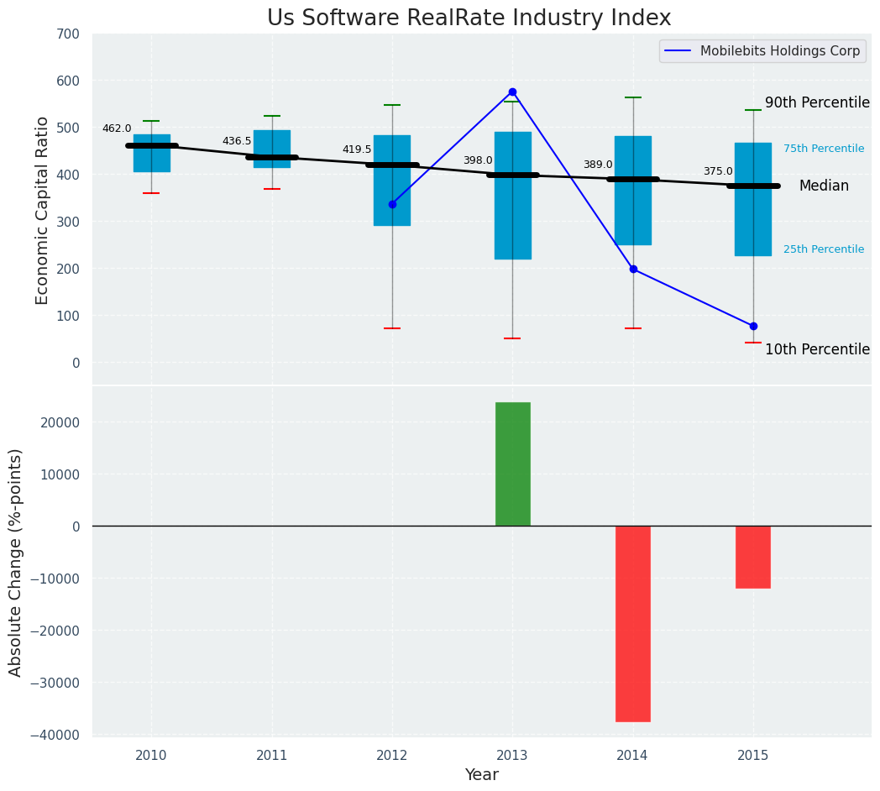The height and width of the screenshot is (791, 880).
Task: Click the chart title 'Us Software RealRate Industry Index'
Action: coord(469,18)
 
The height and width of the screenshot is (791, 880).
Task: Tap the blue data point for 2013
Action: coord(512,92)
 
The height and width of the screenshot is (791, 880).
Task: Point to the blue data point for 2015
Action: coord(753,326)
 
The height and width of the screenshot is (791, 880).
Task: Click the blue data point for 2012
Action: coord(392,204)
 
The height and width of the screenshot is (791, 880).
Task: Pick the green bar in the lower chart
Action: coord(512,464)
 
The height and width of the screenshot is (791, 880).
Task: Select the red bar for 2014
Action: coord(632,623)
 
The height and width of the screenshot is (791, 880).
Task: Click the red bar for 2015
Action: coord(753,557)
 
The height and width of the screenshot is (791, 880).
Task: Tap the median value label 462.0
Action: coord(117,129)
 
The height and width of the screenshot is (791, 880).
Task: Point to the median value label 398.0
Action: coord(478,160)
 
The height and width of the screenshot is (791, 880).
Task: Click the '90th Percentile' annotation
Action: coord(816,102)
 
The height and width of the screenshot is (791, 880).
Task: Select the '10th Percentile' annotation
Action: coord(816,349)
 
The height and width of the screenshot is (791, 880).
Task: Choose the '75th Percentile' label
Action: coord(823,149)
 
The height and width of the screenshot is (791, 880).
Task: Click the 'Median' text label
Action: coord(823,186)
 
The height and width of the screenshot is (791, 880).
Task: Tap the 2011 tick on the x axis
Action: coord(272,756)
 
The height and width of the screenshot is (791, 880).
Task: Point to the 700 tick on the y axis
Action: coord(67,34)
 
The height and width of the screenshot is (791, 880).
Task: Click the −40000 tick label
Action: coord(56,735)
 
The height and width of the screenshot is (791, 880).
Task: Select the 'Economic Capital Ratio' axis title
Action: coord(43,211)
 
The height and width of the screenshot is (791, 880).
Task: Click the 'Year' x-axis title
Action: coord(481,775)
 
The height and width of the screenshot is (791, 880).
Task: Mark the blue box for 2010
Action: coord(151,154)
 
